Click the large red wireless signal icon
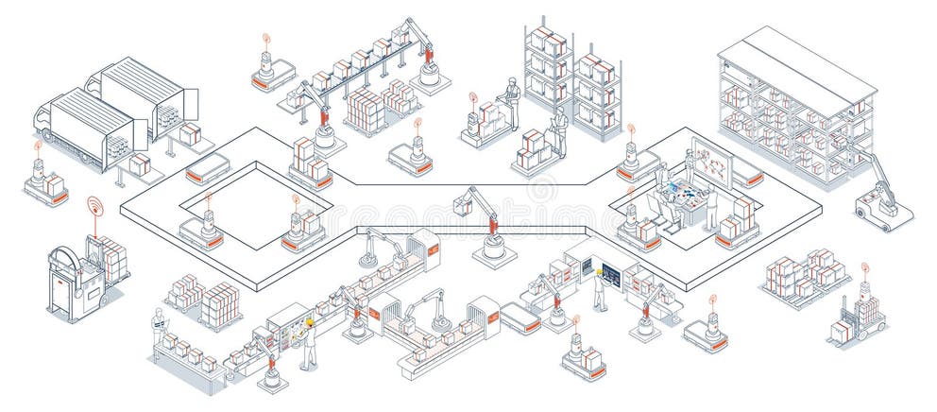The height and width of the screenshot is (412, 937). tap(94, 205)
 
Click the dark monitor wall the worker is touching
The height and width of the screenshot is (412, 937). tap(608, 275)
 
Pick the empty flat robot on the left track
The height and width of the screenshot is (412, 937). tap(208, 169)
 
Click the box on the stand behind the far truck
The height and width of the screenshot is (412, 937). tap(192, 134)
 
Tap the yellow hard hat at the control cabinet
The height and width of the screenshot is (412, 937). tap(309, 322)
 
